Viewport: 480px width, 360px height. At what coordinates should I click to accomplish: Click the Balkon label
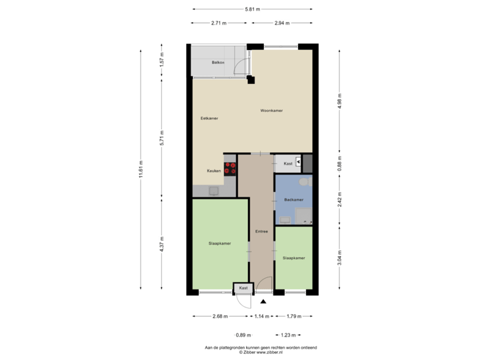coord(217,63)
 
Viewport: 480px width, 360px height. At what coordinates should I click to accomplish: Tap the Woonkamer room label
coord(271,111)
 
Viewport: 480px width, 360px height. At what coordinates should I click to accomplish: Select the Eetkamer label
coord(209,118)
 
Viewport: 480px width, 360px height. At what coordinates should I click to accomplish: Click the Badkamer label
coord(293,199)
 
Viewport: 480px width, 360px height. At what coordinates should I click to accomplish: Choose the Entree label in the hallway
coord(261,232)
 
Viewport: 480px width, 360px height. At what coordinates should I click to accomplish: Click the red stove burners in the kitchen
coord(231,169)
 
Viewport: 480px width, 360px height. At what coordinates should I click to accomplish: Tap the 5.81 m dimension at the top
coord(252,9)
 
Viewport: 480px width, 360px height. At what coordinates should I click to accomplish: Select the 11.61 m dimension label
coord(141,170)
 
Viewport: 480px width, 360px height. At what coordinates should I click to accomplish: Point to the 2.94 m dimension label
coord(281,23)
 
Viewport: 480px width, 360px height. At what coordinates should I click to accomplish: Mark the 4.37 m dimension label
coord(161,245)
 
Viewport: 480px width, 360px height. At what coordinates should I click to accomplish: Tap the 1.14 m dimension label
coord(261,316)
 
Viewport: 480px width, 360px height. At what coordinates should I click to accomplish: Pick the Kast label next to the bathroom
coord(289,163)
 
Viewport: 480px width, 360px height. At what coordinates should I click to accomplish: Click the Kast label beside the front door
coord(243,288)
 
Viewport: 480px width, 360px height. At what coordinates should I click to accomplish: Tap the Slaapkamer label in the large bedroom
coord(219,243)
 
